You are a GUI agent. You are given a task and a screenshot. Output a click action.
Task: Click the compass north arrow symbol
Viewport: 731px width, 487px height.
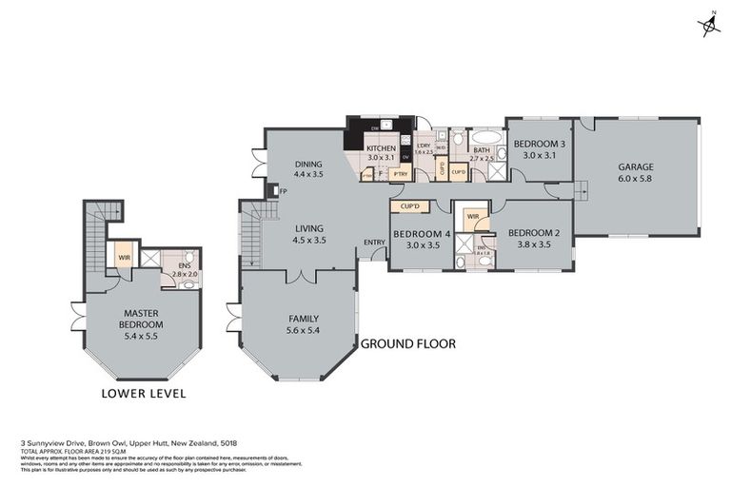[709, 26]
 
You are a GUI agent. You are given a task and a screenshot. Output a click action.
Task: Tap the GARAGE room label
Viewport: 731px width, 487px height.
[636, 166]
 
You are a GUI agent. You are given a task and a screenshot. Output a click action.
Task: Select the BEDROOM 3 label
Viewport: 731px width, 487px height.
[540, 145]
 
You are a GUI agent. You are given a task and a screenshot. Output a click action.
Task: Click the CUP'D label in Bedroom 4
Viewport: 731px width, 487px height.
[410, 206]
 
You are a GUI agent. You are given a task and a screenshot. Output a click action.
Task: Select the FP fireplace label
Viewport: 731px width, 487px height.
[284, 191]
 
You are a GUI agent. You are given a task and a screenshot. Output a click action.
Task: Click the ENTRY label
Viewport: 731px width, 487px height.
[374, 242]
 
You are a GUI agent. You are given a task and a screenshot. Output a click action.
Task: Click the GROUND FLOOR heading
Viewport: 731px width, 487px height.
[407, 343]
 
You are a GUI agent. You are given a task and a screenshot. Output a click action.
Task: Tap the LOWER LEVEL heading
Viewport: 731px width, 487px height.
[143, 394]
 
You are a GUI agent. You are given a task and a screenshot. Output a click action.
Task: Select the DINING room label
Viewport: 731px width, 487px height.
[308, 164]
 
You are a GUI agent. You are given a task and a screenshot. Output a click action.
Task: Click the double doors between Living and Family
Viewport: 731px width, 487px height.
[302, 277]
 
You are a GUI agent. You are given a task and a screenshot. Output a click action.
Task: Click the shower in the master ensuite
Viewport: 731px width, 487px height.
[149, 257]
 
